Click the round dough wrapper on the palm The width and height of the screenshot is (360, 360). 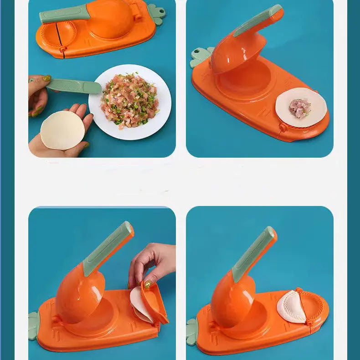point(62,130)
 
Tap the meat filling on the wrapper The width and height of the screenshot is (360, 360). point(300,108)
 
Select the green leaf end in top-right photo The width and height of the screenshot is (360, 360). point(199,57)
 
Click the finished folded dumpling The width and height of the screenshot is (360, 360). point(292,308)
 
